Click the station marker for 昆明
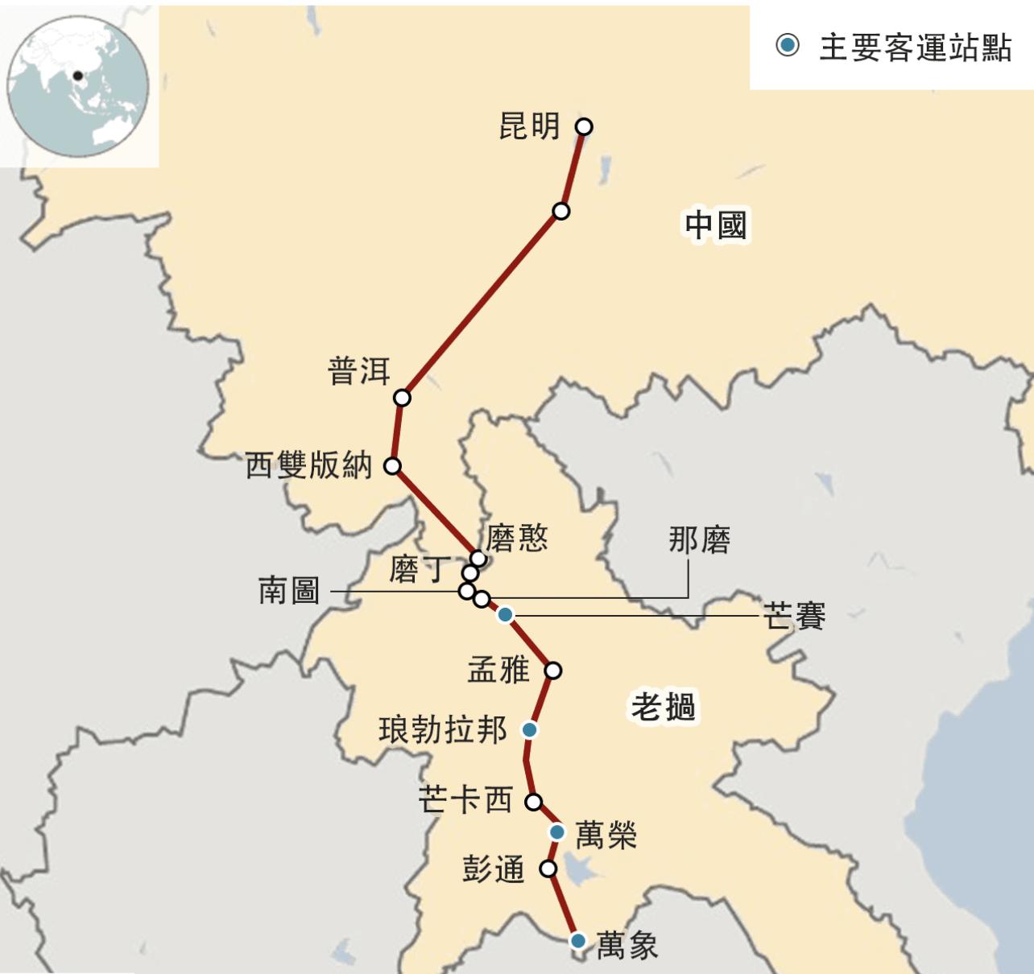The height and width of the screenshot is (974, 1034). pos(585,126)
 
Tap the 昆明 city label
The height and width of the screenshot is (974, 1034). pos(529,126)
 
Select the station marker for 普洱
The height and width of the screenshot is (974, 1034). pos(402,398)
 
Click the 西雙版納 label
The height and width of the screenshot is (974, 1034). pos(308,465)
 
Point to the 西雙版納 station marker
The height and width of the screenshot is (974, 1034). pos(392,465)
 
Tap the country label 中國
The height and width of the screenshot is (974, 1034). pos(716,225)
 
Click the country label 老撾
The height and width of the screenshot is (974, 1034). pos(663,707)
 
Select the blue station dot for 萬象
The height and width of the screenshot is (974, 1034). pos(577,940)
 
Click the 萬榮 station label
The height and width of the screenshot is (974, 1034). pos(606,835)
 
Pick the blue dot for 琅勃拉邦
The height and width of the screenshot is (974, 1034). pos(529,729)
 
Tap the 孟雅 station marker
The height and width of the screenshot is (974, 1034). pos(552,670)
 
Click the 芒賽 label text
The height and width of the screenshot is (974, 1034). pos(794,617)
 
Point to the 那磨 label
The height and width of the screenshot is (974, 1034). pos(699,540)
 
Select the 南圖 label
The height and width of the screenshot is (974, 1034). pos(288,591)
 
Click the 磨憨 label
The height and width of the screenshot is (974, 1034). pos(517,538)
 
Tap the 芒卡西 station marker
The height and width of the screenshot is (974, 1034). pos(533,802)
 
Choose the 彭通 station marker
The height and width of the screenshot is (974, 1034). pos(548,869)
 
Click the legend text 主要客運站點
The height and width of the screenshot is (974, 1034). pos(915,47)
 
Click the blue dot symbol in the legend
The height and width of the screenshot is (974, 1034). pos(788,45)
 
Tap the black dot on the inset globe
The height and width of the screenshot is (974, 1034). pos(77,76)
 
